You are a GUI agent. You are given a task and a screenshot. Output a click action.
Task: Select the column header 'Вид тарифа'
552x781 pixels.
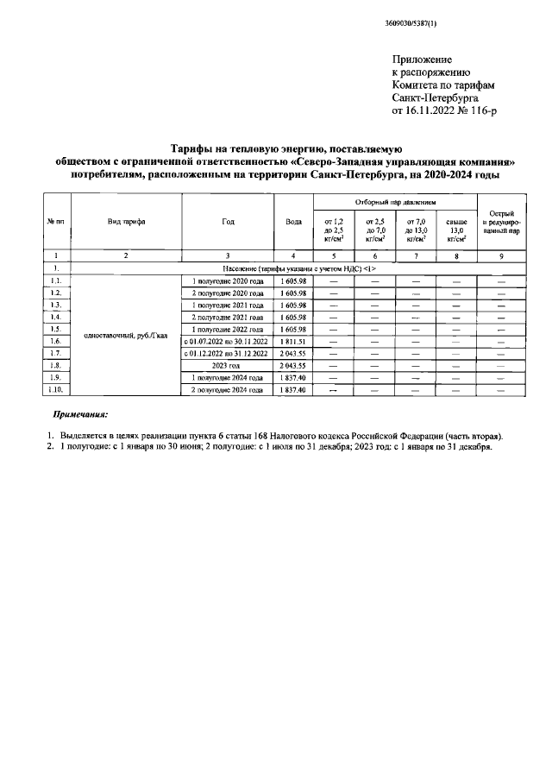click(126, 221)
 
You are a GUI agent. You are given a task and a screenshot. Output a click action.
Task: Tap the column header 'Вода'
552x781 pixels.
click(293, 221)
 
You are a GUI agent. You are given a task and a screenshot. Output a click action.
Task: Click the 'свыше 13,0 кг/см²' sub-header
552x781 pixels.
click(456, 230)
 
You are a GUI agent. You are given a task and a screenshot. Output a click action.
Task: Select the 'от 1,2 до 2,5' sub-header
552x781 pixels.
click(333, 230)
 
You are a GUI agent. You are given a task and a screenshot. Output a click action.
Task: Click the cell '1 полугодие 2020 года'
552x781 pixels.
click(226, 281)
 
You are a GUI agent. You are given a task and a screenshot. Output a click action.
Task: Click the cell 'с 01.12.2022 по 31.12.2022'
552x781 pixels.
click(226, 354)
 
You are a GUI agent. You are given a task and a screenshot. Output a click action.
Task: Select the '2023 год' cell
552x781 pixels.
click(226, 366)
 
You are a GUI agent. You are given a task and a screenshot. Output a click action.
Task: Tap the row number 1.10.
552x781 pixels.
click(56, 390)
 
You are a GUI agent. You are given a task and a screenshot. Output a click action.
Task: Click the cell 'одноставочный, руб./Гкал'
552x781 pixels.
click(126, 336)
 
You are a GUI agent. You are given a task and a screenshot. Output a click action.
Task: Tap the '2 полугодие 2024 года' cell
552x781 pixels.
click(226, 390)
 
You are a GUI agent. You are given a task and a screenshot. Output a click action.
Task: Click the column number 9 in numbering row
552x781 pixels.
click(500, 256)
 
